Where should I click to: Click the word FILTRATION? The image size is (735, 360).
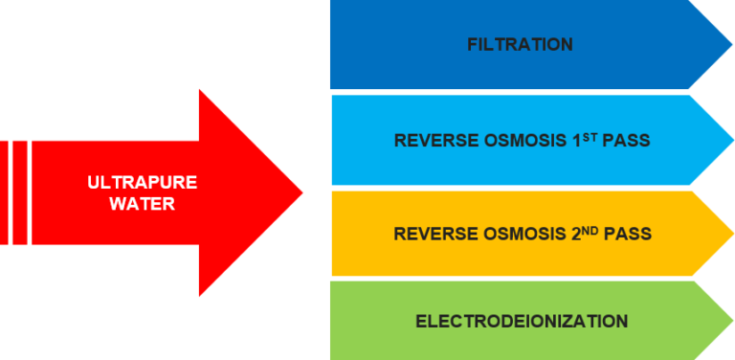pyautogui.click(x=521, y=45)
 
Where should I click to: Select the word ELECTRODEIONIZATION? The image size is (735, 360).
pyautogui.click(x=522, y=321)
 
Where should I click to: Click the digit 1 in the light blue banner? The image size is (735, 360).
pyautogui.click(x=587, y=141)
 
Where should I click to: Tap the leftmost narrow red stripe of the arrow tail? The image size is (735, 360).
pyautogui.click(x=3, y=192)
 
